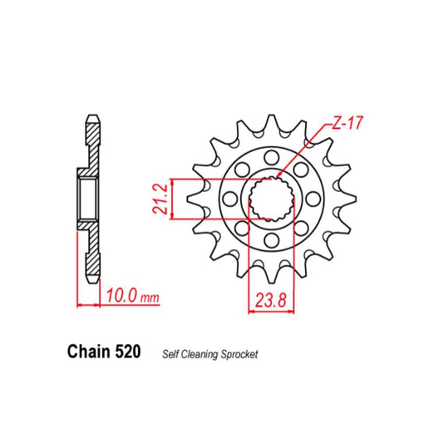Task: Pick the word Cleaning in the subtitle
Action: (197, 354)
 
